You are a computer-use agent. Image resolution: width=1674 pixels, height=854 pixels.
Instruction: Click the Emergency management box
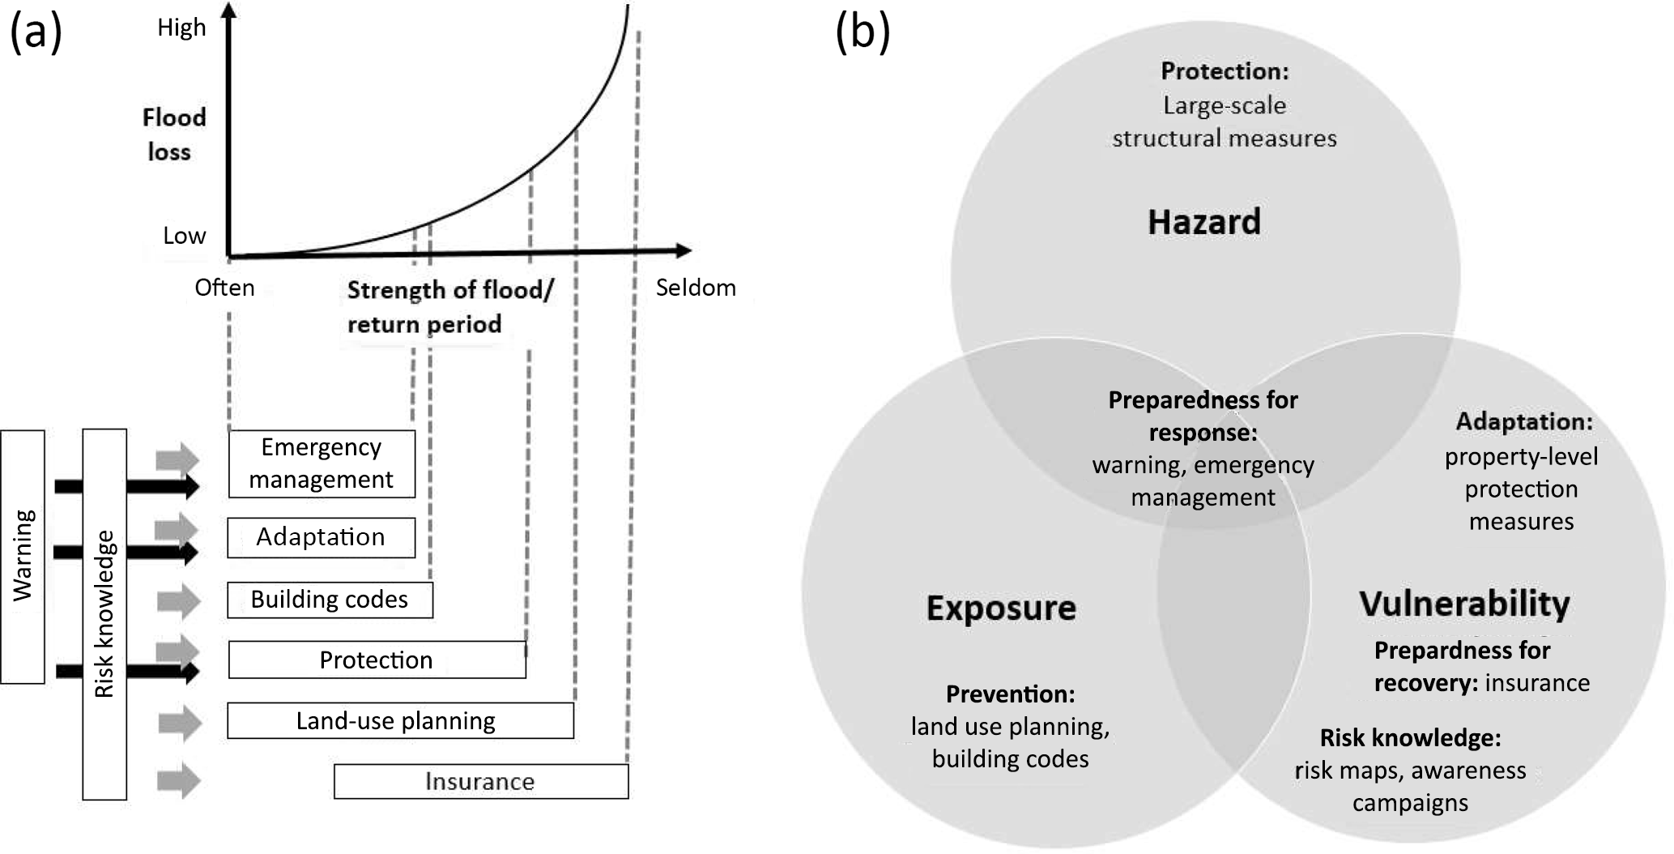(x=322, y=463)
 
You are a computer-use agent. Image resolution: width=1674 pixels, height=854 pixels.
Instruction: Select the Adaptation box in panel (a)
(x=321, y=538)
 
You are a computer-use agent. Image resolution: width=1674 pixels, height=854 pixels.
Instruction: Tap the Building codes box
(x=330, y=600)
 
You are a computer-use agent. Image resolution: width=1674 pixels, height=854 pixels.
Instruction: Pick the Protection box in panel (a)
(x=377, y=660)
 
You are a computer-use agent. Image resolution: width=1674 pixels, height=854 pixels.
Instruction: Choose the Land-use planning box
(x=400, y=720)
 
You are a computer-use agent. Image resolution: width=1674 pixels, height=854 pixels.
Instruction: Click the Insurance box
(x=480, y=781)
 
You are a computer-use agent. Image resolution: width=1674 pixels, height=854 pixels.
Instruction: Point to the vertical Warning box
(x=23, y=557)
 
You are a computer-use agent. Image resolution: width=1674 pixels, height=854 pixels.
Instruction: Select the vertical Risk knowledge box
(x=104, y=614)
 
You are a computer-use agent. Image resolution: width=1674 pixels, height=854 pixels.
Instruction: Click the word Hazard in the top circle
(x=1204, y=222)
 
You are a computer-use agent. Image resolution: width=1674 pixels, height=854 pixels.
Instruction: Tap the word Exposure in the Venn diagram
(x=1001, y=608)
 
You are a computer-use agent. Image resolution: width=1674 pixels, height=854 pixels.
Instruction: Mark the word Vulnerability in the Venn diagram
(x=1464, y=604)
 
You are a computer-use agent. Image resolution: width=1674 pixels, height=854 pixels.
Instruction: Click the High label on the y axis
(x=181, y=28)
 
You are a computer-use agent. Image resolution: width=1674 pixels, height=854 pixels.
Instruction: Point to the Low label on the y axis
(x=185, y=236)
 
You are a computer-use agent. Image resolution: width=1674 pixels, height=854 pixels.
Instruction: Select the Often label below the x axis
(x=224, y=288)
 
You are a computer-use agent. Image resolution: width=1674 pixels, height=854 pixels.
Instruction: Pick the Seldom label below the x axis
(x=696, y=288)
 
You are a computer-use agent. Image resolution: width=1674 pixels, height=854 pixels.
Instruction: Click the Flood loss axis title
(x=173, y=135)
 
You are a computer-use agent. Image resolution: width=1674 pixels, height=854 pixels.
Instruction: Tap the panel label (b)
(x=863, y=32)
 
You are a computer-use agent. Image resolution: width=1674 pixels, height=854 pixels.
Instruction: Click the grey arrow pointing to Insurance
(x=178, y=781)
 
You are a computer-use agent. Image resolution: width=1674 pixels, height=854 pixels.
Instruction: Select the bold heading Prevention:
(x=1010, y=694)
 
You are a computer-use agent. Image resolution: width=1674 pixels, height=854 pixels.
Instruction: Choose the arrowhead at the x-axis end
(x=684, y=250)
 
